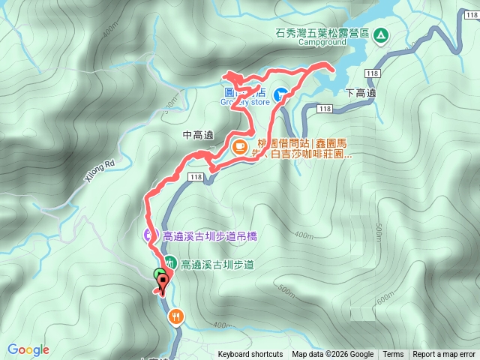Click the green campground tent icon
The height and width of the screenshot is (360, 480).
(380, 34)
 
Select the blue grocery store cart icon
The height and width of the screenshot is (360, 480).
(280, 94)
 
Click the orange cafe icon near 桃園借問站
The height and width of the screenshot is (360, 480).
(240, 146)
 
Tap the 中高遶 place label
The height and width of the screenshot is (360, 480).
(198, 136)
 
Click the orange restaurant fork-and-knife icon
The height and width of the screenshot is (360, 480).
(176, 316)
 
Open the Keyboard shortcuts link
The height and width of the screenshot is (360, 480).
(250, 355)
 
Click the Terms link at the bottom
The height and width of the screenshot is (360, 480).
(393, 355)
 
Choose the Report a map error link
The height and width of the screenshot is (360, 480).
(444, 355)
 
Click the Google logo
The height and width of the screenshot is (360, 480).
(28, 349)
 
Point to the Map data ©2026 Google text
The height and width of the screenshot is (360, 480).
(333, 355)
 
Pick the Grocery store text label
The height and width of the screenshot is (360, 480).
(246, 102)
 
